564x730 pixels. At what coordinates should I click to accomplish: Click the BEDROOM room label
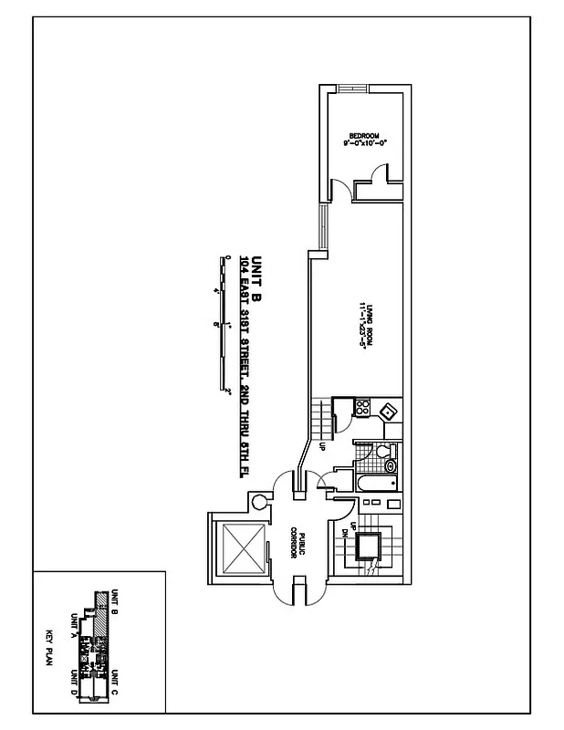point(363,136)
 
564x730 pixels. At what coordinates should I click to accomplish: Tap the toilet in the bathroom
point(382,451)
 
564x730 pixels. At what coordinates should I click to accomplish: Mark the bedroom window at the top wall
point(350,87)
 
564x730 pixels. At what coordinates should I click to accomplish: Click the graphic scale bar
point(222,324)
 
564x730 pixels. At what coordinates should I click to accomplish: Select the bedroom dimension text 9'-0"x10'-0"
point(363,144)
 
